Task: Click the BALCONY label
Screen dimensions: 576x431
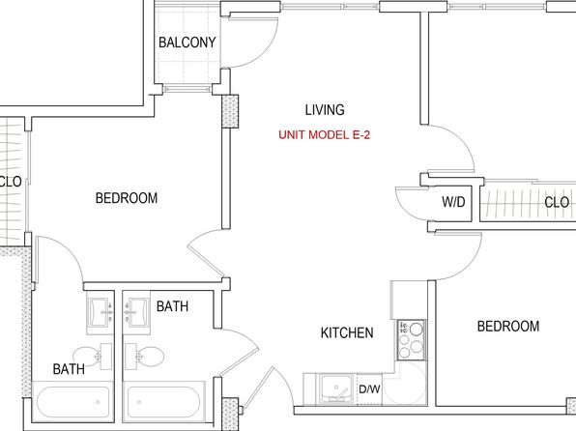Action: pos(187,43)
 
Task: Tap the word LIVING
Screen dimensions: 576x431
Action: pos(325,110)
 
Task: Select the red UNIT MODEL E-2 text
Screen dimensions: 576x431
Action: pos(324,135)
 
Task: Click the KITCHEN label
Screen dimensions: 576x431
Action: pos(347,332)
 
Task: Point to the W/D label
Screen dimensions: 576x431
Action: pos(453,202)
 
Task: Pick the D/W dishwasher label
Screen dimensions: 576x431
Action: pos(369,389)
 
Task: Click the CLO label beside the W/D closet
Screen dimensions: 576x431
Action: pos(557,202)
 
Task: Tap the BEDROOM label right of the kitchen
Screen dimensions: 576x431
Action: pos(508,327)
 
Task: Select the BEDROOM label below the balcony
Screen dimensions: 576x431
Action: pos(127,198)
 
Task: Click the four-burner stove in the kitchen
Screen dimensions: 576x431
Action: pos(412,340)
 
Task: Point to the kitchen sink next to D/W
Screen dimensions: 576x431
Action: pos(336,388)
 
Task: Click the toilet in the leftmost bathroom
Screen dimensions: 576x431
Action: pos(93,356)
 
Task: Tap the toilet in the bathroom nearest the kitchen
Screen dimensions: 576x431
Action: pos(144,357)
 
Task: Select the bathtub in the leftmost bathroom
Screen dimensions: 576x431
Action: pos(73,402)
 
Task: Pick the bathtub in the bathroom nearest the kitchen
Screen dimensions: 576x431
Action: pos(163,402)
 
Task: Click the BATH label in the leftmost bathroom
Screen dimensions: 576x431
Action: pos(69,369)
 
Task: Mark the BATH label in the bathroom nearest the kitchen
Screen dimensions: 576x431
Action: pos(172,306)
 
